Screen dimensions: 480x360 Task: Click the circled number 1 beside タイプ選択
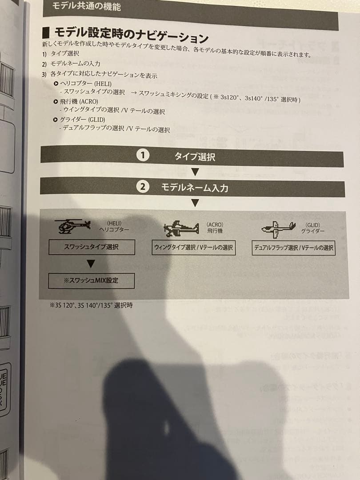point(143,156)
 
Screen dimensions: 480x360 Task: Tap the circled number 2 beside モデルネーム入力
point(142,187)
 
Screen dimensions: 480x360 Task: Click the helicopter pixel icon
point(72,226)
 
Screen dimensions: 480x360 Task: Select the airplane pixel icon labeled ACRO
point(181,229)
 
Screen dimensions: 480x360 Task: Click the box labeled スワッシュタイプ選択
point(92,247)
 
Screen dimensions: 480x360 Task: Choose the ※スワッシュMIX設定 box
point(91,281)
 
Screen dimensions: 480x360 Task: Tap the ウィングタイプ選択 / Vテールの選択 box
point(193,248)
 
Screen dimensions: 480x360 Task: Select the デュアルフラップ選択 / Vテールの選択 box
point(293,248)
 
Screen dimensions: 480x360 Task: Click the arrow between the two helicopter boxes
point(91,264)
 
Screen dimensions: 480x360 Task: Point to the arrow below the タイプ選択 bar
point(195,172)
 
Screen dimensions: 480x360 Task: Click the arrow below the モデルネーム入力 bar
point(195,204)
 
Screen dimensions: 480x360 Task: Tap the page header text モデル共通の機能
point(86,7)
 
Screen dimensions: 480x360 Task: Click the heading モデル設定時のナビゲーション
point(131,34)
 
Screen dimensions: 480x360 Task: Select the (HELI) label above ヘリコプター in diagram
point(114,223)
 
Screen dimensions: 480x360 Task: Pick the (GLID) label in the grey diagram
point(312,225)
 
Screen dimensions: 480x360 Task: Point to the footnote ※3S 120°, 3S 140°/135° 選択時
point(91,305)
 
